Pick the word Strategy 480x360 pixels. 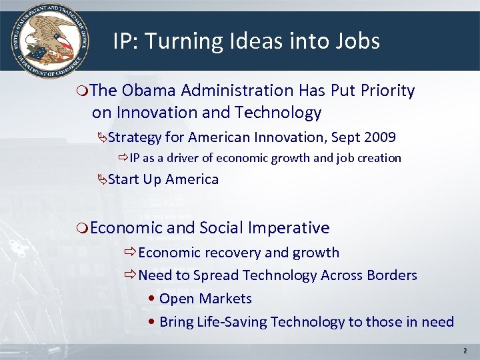(135, 137)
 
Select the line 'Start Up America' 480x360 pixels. (163, 179)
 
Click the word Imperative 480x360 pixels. (288, 228)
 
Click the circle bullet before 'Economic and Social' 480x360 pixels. (82, 229)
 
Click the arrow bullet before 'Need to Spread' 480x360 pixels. (130, 275)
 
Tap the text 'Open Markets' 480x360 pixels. (205, 299)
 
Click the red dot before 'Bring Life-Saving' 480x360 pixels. (153, 322)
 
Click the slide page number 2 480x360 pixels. (465, 350)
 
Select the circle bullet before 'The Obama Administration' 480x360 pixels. (82, 91)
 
